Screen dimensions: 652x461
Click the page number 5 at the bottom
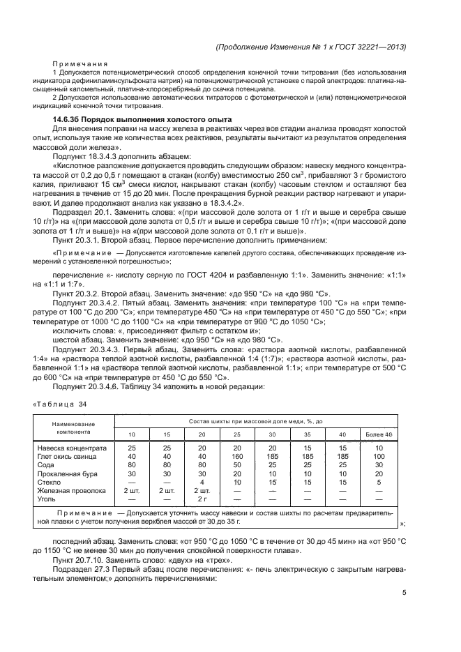405,593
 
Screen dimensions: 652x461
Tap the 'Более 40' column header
379,435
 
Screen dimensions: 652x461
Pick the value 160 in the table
236,456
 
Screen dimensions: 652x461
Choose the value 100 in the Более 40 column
379,456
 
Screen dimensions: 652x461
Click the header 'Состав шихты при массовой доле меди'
256,422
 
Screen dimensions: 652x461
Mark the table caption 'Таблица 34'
60,404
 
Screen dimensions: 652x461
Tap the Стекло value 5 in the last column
379,482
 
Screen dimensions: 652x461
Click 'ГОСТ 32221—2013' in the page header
373,46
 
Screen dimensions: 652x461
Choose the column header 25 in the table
236,435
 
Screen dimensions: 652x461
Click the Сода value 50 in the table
236,464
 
